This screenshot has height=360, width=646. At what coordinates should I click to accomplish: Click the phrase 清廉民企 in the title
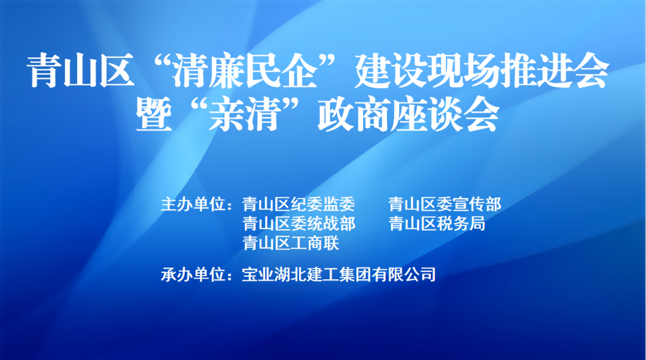[245, 71]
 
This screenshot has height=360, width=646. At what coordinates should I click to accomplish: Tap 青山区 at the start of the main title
[81, 71]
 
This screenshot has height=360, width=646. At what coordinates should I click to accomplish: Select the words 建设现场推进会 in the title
[482, 71]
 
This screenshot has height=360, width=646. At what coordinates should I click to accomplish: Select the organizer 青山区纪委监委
[298, 204]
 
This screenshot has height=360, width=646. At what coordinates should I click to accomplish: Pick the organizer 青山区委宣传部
[445, 204]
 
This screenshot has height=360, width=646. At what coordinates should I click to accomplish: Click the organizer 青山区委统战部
[298, 224]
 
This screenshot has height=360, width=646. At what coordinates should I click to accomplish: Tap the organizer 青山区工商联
[291, 243]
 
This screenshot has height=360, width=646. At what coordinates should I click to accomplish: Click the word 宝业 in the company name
[258, 274]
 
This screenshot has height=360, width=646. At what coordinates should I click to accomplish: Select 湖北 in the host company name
[291, 274]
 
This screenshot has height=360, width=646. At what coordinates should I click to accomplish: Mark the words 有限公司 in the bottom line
[404, 274]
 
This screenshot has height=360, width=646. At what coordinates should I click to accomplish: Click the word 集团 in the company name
[355, 274]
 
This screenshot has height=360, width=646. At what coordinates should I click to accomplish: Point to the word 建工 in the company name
[323, 274]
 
